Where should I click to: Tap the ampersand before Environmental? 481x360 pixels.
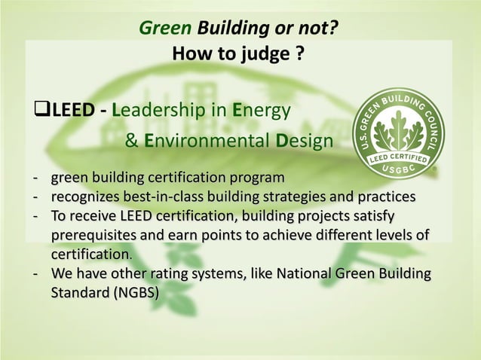[130, 141]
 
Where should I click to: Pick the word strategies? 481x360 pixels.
[290, 197]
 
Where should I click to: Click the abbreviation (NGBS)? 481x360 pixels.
[135, 292]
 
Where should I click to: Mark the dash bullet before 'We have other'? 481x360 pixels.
[35, 273]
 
